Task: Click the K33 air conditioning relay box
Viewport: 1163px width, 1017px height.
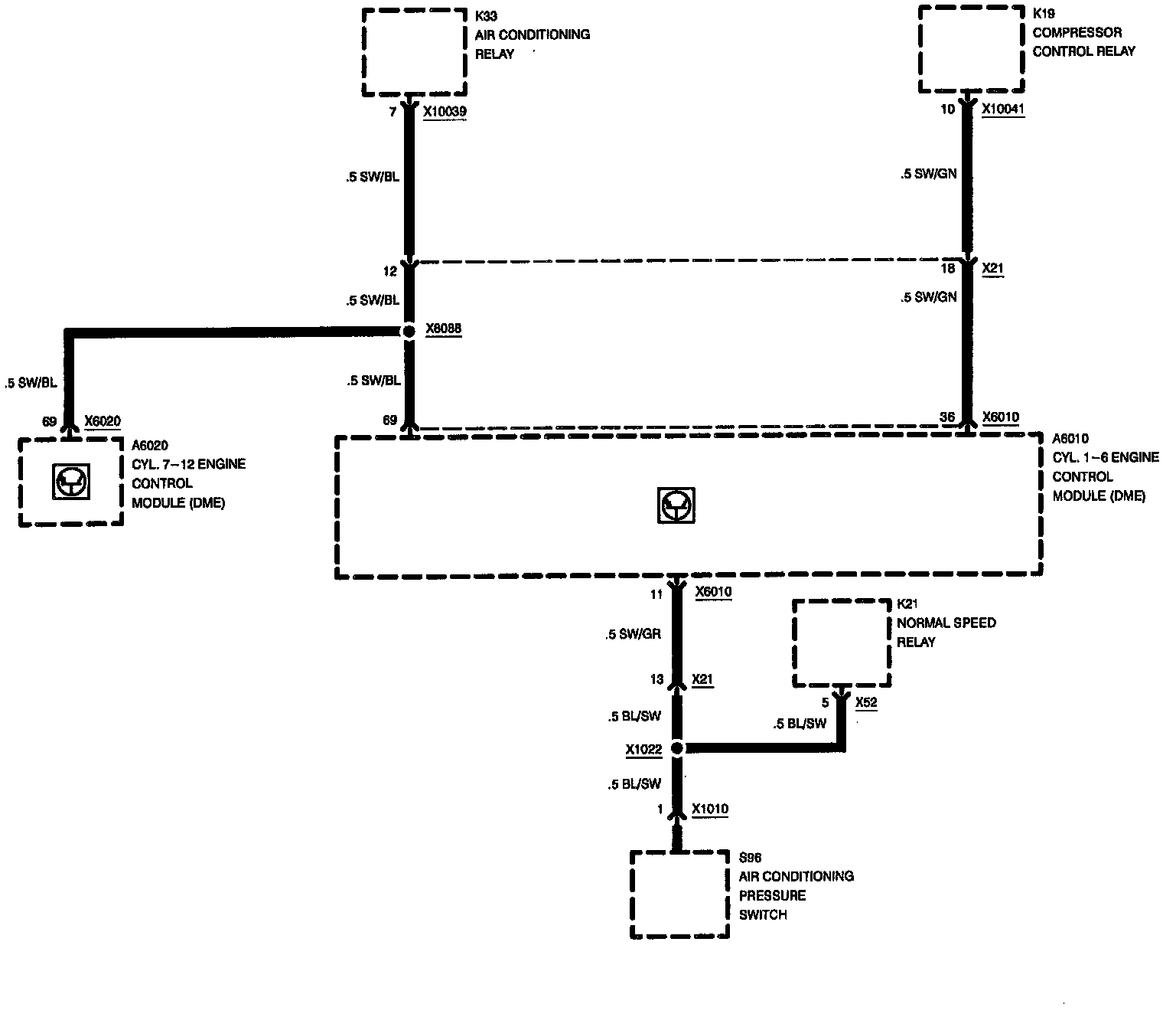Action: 414,52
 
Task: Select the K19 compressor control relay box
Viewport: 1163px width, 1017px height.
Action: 971,50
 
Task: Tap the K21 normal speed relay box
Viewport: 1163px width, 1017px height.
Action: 842,643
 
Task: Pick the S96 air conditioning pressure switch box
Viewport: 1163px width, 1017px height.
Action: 679,894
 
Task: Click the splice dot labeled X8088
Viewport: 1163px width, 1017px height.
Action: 409,331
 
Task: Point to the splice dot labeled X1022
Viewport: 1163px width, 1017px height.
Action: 676,748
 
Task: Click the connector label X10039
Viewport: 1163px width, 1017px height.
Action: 445,112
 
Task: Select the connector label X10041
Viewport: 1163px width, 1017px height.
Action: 1003,110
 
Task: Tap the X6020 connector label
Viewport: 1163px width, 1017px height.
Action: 103,420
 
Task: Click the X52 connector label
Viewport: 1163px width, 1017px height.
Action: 866,702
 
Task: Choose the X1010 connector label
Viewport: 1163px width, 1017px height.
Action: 710,809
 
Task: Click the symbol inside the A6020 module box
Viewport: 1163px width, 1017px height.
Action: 71,482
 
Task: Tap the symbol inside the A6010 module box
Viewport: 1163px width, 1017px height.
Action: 676,505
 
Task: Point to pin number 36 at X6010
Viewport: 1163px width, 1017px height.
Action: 947,417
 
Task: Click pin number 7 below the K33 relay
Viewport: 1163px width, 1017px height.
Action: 393,112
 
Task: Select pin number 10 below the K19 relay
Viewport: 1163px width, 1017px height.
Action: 947,110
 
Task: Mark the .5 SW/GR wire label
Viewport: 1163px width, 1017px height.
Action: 632,634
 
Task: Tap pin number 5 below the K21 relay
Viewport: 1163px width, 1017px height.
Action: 825,702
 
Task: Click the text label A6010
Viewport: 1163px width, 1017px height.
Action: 1070,439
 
